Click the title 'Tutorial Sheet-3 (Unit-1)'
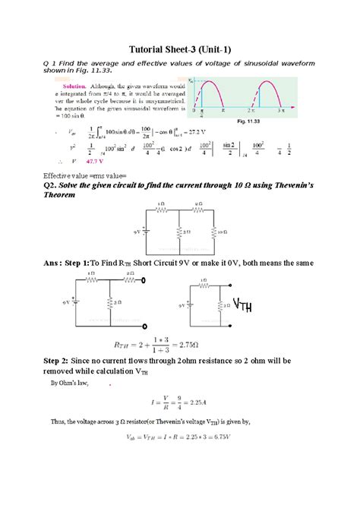[179, 45]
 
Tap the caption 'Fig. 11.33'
[248, 121]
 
